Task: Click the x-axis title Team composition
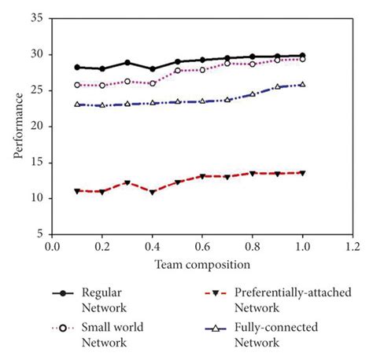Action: [x=202, y=265]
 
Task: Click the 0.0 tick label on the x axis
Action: [x=52, y=247]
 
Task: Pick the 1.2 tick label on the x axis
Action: [x=353, y=247]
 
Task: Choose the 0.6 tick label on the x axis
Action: [x=202, y=247]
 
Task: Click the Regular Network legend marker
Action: [x=61, y=293]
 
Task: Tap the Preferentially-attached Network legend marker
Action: [x=216, y=293]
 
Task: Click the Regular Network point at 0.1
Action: [x=77, y=67]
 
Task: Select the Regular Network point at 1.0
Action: [x=302, y=56]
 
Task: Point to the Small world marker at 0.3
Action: [x=127, y=81]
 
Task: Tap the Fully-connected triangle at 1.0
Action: [x=302, y=84]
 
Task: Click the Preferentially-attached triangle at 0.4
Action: [x=152, y=192]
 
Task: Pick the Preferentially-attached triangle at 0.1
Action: [x=77, y=191]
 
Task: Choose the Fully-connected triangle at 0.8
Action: [x=253, y=94]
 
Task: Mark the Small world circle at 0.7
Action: [x=227, y=63]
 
